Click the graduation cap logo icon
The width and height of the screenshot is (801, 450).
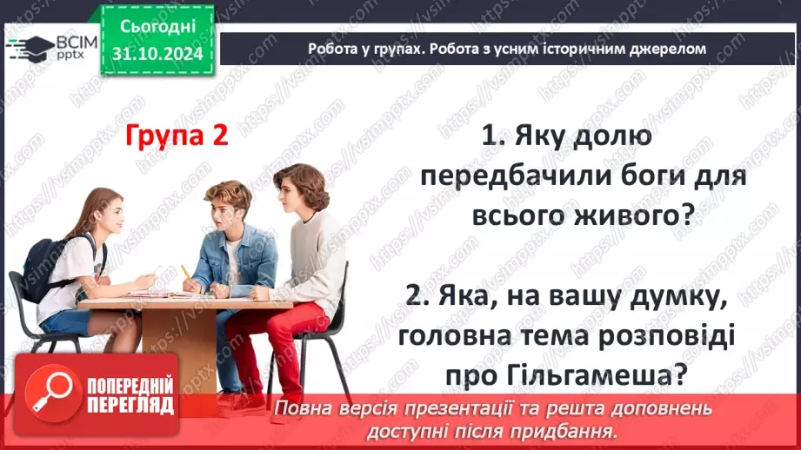click(x=30, y=46)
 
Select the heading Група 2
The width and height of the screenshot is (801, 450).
click(x=177, y=136)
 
